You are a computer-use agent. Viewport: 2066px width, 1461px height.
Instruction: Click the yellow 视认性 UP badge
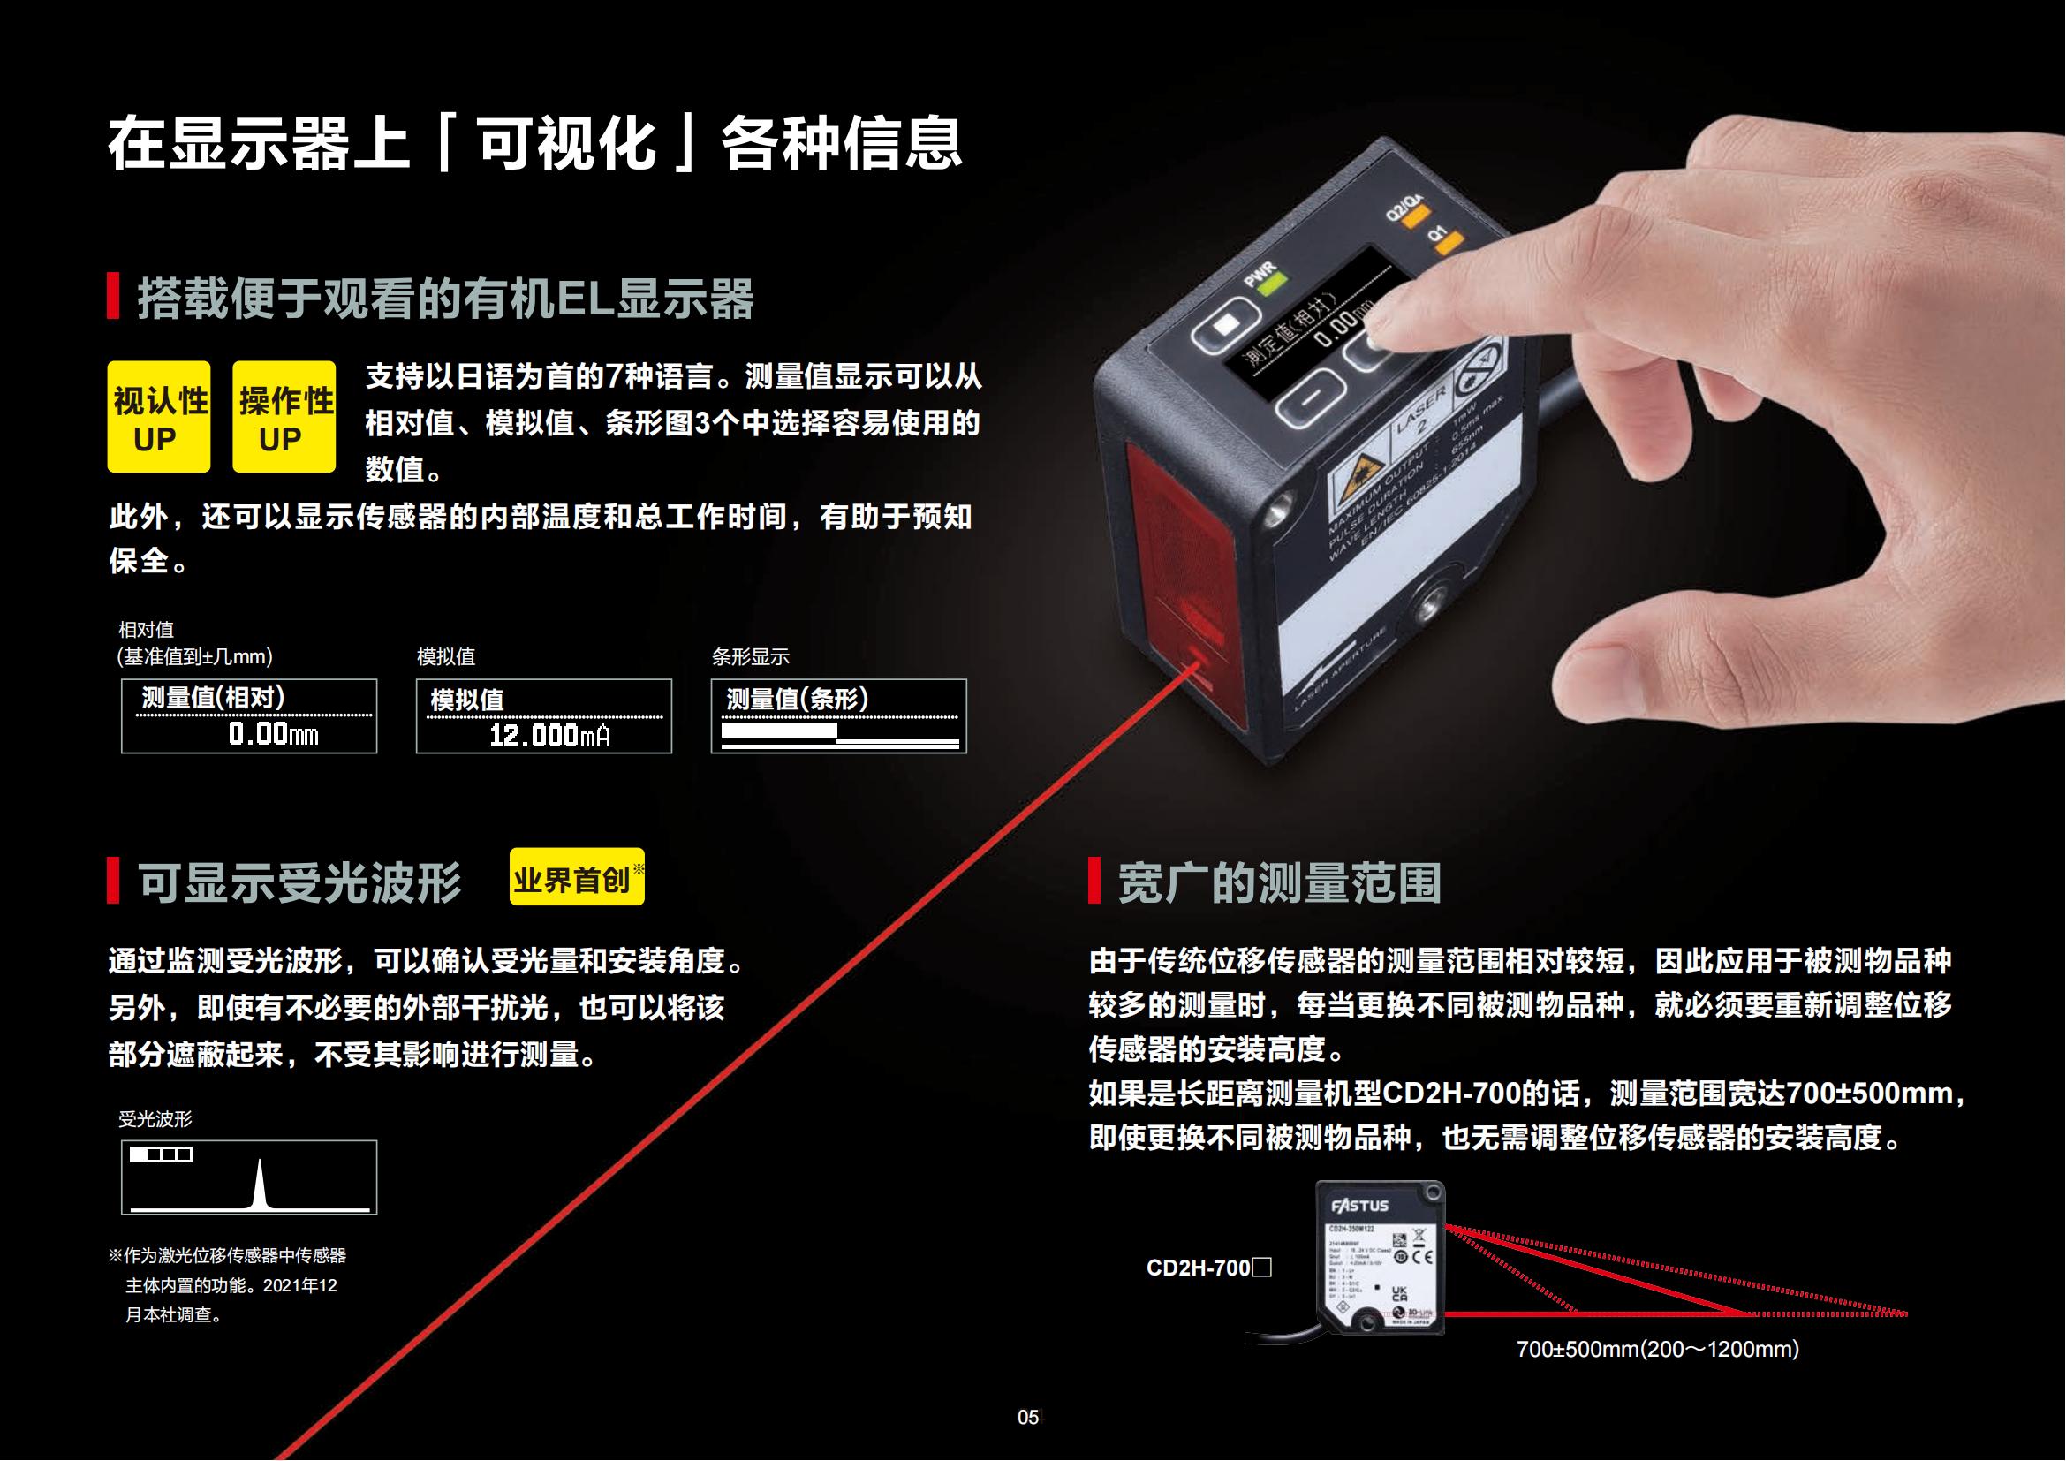(158, 417)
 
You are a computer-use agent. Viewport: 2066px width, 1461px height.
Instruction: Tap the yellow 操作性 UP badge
(284, 417)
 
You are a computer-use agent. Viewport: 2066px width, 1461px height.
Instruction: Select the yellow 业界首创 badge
(576, 877)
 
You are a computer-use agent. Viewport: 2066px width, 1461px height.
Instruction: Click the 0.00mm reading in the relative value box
(273, 734)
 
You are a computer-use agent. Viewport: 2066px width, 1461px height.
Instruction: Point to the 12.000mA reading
(549, 736)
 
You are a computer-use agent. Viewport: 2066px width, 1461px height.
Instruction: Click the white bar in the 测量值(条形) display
(779, 730)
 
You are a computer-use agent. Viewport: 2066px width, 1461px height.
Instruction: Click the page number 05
(1027, 1417)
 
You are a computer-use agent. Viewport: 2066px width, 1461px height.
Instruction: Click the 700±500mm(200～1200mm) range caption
(1657, 1349)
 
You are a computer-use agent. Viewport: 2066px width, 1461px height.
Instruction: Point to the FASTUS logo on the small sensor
(1359, 1205)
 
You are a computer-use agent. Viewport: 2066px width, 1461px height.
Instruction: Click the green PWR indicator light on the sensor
(1272, 286)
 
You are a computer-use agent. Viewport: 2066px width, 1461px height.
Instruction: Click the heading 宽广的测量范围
(1279, 882)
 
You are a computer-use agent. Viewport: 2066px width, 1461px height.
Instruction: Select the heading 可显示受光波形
(299, 882)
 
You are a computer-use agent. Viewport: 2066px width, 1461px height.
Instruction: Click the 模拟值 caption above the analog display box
(445, 656)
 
